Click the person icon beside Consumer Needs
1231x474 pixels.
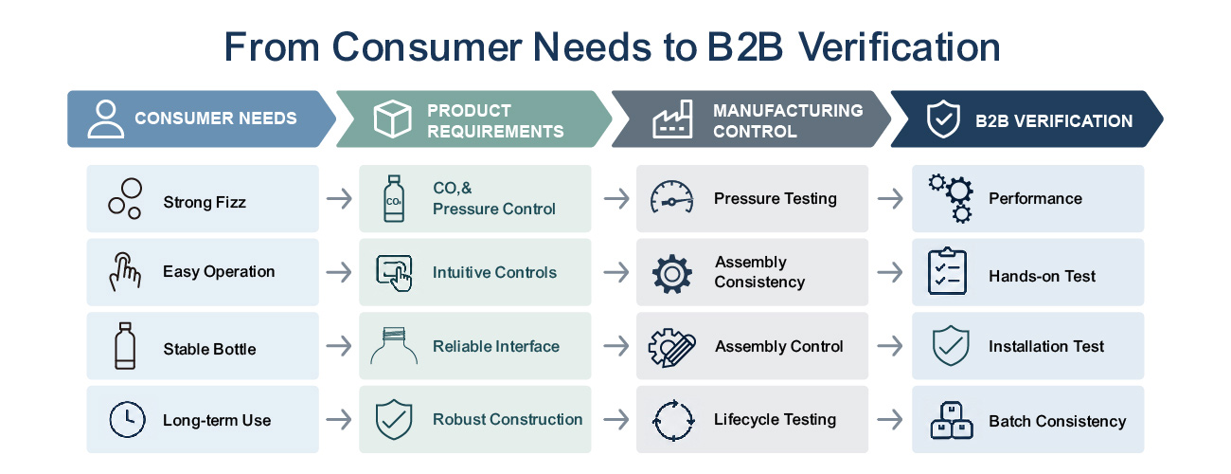point(105,118)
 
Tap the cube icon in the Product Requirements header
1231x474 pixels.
point(392,118)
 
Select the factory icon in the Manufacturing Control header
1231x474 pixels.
point(672,118)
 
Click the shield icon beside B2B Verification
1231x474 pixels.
point(943,118)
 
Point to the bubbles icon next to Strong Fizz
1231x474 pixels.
point(125,198)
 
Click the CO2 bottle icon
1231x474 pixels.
point(394,198)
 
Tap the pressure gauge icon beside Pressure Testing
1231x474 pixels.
point(671,196)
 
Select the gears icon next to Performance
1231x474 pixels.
point(951,198)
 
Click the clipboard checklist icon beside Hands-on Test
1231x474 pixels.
point(947,271)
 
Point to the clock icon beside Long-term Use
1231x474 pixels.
point(127,420)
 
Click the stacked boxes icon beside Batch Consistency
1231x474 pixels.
point(952,420)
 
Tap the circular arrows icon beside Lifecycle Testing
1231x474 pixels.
point(673,421)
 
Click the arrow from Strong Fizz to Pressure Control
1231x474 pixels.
point(339,198)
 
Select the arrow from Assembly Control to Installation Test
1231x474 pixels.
point(890,346)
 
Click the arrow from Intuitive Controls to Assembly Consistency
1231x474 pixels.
point(616,272)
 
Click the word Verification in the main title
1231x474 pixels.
point(899,46)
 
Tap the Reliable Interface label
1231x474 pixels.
point(495,346)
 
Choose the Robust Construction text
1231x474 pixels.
point(508,420)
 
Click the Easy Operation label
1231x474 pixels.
point(219,272)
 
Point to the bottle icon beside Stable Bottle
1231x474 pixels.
point(125,346)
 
